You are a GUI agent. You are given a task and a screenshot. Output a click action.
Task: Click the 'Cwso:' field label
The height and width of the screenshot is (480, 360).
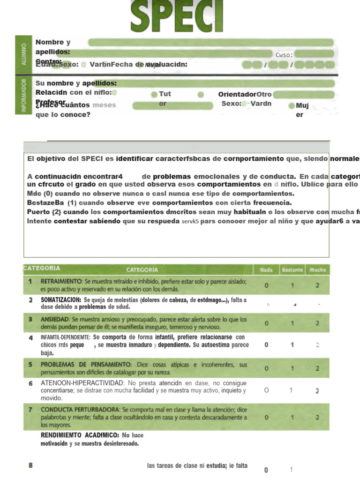point(284,55)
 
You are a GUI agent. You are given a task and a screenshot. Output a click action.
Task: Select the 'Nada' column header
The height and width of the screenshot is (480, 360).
point(266,270)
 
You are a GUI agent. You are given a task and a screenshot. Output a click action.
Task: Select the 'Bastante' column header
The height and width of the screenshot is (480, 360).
point(292,270)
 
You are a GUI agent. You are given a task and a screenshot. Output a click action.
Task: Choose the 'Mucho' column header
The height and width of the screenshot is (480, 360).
point(317,270)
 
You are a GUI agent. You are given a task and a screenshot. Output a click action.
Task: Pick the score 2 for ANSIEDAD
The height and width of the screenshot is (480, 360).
point(317,323)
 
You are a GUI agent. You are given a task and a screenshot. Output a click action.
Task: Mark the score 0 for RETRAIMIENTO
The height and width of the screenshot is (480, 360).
point(266,285)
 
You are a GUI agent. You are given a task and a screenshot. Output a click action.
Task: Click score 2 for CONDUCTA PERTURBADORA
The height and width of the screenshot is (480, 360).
point(317,417)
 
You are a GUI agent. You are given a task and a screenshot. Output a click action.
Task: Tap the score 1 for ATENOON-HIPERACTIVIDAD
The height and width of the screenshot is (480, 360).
point(291,390)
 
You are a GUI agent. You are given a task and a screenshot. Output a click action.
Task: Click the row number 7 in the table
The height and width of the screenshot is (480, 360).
point(30,409)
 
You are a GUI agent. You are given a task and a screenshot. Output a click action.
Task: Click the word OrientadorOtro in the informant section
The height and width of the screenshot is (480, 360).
point(245,94)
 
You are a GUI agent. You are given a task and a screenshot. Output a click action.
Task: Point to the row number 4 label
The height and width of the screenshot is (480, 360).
point(30,337)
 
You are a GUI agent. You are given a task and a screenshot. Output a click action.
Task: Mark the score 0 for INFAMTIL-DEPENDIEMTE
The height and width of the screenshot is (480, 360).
point(266,345)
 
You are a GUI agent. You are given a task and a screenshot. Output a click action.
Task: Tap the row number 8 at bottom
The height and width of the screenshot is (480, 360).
point(30,465)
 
